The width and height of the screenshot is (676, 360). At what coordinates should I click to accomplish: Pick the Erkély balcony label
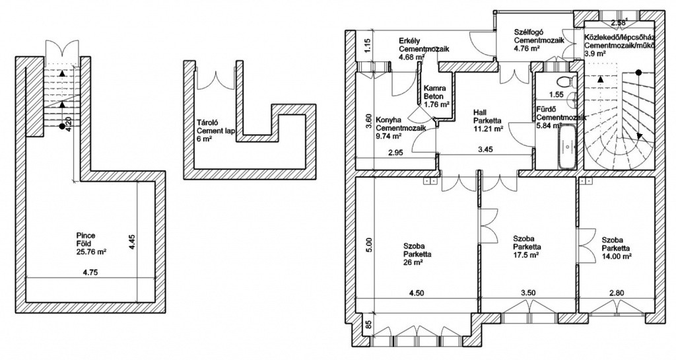point(409,42)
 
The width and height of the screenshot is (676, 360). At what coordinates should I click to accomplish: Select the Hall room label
point(481,112)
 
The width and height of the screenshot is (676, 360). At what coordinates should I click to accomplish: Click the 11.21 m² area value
point(489,129)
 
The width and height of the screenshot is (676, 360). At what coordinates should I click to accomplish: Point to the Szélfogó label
point(529,31)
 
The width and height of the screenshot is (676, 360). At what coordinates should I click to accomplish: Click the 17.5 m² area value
point(526,254)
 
